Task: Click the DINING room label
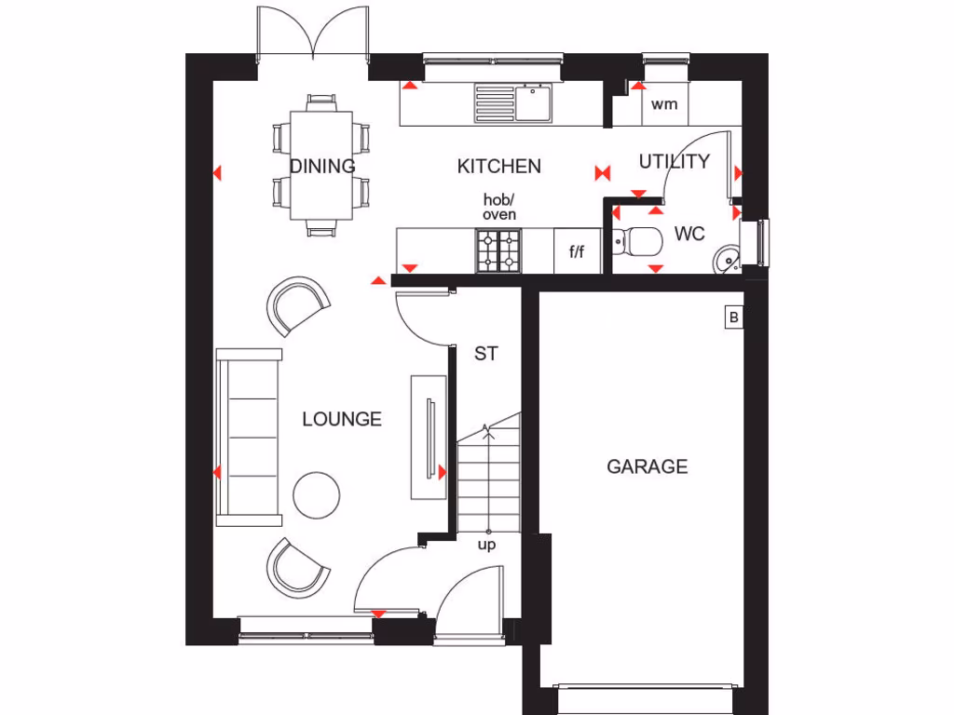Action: [x=322, y=167]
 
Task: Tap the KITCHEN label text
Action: [x=498, y=167]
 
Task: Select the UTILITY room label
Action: [x=674, y=162]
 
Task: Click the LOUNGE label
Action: [x=342, y=420]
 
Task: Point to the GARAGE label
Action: [x=647, y=466]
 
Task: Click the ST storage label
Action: [x=485, y=354]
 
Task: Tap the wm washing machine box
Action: [x=664, y=104]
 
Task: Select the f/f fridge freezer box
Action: [x=577, y=252]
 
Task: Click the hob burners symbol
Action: [x=498, y=251]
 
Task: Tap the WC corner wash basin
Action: [x=727, y=257]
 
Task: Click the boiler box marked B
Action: [x=733, y=318]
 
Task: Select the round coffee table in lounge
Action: [x=317, y=495]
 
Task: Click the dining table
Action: [x=321, y=165]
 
